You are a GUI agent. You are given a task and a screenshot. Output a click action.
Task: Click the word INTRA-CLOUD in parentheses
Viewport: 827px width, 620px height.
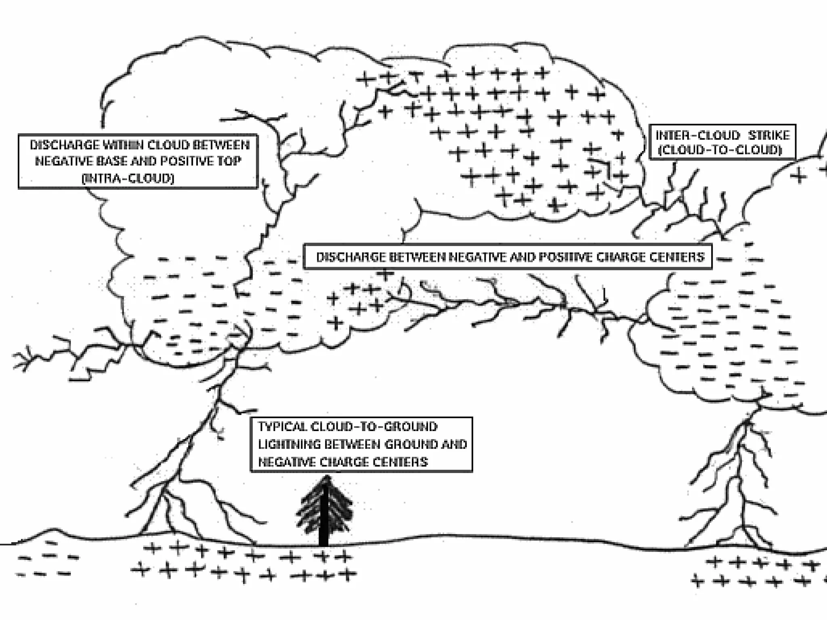(128, 178)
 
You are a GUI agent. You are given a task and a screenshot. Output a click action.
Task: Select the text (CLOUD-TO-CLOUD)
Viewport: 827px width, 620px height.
(720, 150)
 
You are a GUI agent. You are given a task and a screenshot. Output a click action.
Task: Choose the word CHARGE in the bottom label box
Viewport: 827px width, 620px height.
(343, 462)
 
